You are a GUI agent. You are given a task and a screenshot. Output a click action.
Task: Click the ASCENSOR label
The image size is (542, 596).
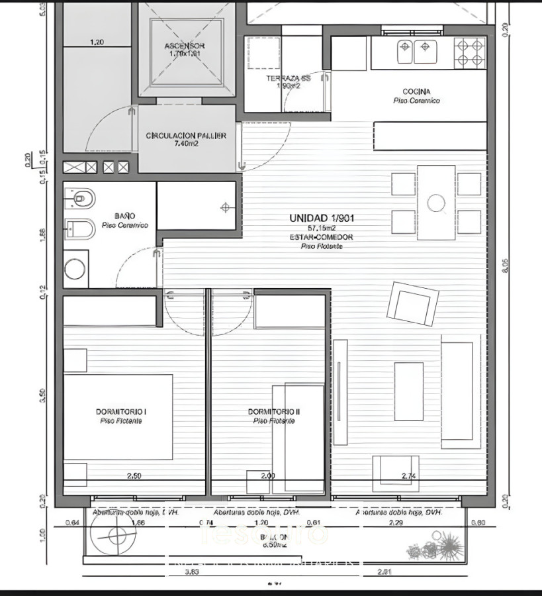pos(185,46)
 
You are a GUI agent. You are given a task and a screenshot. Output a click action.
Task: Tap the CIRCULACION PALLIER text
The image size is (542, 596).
pos(186,136)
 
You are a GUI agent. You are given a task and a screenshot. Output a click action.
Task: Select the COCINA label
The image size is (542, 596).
pos(416,91)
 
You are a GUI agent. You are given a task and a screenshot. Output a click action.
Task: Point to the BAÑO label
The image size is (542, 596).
pos(124,216)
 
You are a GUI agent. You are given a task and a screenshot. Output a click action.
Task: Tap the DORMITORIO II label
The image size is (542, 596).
pos(274,412)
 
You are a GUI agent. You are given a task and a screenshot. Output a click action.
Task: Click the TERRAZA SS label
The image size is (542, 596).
pos(284,78)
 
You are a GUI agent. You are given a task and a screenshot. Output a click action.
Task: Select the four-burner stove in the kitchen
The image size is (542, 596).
pos(469,52)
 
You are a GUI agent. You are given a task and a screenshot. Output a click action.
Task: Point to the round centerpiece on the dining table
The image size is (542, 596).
pos(436,203)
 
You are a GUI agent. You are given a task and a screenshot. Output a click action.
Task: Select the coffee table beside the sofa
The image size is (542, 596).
pos(409,391)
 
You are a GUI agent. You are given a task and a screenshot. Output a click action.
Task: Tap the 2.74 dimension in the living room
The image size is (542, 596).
pos(410,476)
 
